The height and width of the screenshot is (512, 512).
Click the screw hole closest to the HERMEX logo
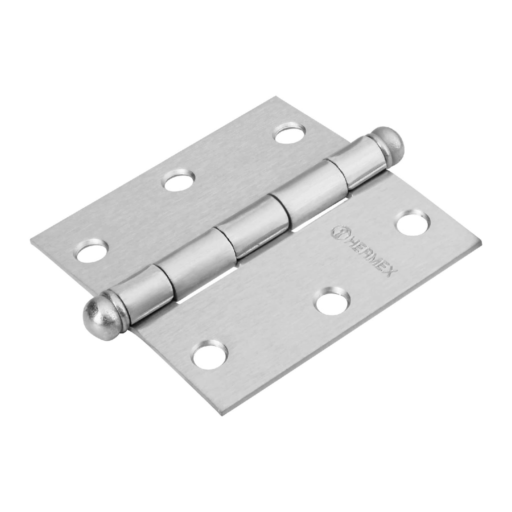pyautogui.click(x=412, y=223)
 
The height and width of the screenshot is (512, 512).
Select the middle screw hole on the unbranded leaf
pyautogui.click(x=179, y=180)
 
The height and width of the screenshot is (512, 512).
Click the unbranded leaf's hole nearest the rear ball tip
pyautogui.click(x=289, y=133)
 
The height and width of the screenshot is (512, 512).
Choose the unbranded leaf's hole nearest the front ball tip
pyautogui.click(x=92, y=250)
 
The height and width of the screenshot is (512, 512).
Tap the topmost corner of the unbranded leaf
pyautogui.click(x=274, y=97)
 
